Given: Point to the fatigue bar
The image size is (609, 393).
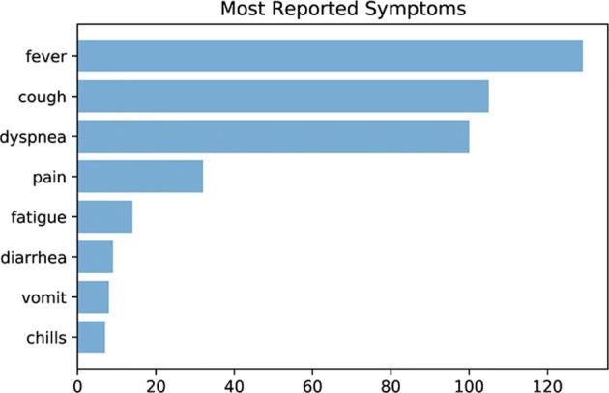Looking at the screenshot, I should coord(104,217).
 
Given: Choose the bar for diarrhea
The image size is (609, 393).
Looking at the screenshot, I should coord(95,258).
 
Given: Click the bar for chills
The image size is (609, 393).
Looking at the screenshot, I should coord(91,338).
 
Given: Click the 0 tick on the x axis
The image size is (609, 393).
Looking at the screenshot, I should coord(77,381).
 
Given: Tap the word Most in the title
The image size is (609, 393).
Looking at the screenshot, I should coord(244,12).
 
